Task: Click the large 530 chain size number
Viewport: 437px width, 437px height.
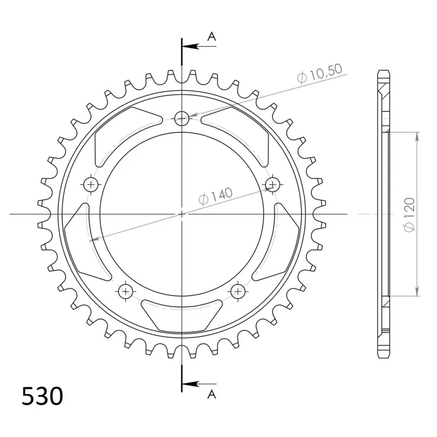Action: coord(43,396)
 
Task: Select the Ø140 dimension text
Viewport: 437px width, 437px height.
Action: coord(215,196)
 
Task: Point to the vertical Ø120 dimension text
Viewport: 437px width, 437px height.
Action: coord(409,214)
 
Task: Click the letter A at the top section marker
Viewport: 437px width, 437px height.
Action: coord(212,36)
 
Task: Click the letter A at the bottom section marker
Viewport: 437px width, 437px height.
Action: coord(212,394)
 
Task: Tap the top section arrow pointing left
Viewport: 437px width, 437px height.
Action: coord(199,46)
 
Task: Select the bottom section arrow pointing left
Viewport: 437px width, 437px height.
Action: coord(199,384)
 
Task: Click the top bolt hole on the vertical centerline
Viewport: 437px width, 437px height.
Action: coord(182,119)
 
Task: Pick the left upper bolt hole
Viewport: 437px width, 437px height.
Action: coord(91,184)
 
